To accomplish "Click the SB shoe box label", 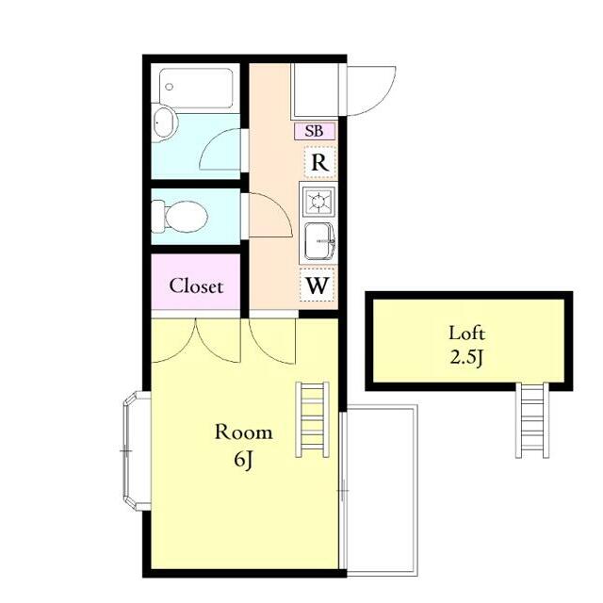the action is click(x=314, y=131).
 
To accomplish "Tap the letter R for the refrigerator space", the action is click(x=319, y=163).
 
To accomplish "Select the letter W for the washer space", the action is click(x=317, y=285).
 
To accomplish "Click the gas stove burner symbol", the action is click(x=318, y=201).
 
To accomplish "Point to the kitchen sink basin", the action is click(x=318, y=241).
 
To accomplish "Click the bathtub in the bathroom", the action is click(x=196, y=88).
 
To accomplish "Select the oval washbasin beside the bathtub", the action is click(x=165, y=122).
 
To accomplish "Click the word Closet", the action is click(x=196, y=286).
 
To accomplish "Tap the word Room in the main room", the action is click(x=244, y=432).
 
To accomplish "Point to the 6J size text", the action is click(x=243, y=460).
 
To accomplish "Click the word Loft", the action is click(x=467, y=333).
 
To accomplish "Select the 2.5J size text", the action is click(x=466, y=358).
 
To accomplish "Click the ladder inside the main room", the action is click(x=312, y=419).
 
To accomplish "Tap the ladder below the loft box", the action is click(x=532, y=420).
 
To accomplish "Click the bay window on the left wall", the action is click(x=136, y=450).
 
